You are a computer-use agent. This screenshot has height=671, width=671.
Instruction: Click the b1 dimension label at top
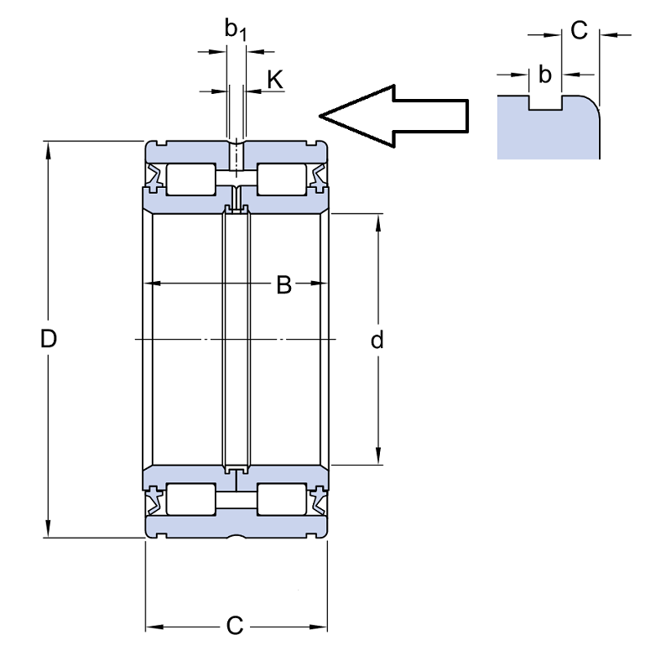236,30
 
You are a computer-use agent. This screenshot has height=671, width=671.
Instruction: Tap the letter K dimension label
275,80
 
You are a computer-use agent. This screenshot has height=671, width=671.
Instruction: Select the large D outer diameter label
49,339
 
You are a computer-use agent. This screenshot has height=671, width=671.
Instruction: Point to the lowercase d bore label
377,340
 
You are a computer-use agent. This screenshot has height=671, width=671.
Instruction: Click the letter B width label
284,285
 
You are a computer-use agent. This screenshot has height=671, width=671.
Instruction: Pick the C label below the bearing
235,626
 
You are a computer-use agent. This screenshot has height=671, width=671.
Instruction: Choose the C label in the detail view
579,30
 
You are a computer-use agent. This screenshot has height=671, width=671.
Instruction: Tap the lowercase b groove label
544,75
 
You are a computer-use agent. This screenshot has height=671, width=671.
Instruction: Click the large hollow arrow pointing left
394,116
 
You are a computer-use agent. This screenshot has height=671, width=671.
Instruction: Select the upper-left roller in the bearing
191,179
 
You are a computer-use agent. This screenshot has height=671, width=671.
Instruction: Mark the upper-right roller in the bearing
282,179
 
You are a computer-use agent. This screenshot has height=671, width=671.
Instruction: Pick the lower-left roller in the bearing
191,499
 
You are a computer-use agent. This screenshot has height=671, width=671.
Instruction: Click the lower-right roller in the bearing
282,499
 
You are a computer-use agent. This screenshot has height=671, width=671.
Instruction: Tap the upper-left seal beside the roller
155,176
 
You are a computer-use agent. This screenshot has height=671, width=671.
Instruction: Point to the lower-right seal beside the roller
319,501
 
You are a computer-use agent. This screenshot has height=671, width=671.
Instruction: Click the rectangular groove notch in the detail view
546,102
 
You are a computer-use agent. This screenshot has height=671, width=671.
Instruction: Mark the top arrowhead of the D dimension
49,148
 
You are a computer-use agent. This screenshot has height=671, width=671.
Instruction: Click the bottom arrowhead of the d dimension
378,455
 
